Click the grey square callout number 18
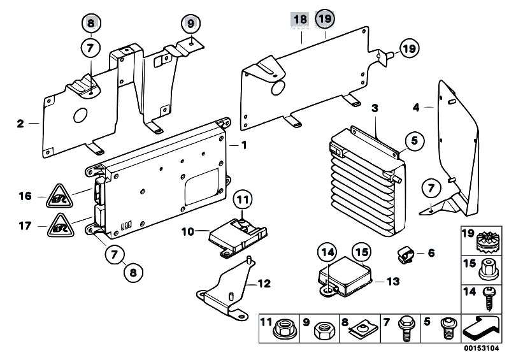300,20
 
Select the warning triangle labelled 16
59,196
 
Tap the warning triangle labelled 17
61,226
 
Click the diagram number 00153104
481,349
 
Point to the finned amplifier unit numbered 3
366,181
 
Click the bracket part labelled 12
227,289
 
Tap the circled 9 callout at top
190,24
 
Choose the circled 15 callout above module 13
362,252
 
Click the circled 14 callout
327,252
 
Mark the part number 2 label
20,124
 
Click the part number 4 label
416,107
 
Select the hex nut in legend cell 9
326,331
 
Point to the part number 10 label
188,232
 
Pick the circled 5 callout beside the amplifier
414,141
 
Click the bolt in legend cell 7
405,329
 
